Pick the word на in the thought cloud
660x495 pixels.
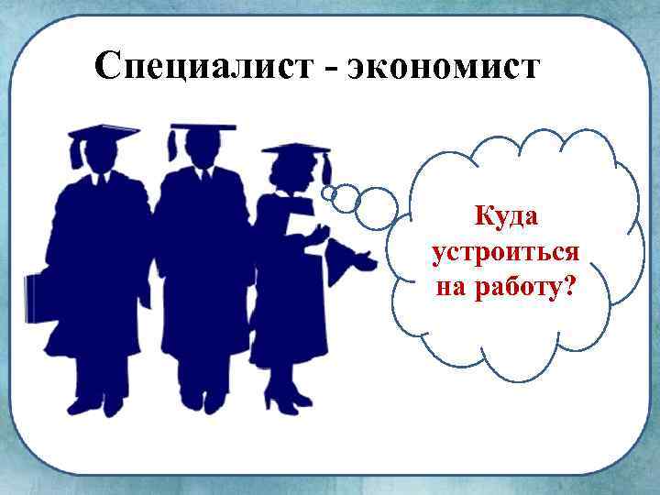tap(452, 288)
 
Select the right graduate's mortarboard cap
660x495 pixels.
tap(294, 148)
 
